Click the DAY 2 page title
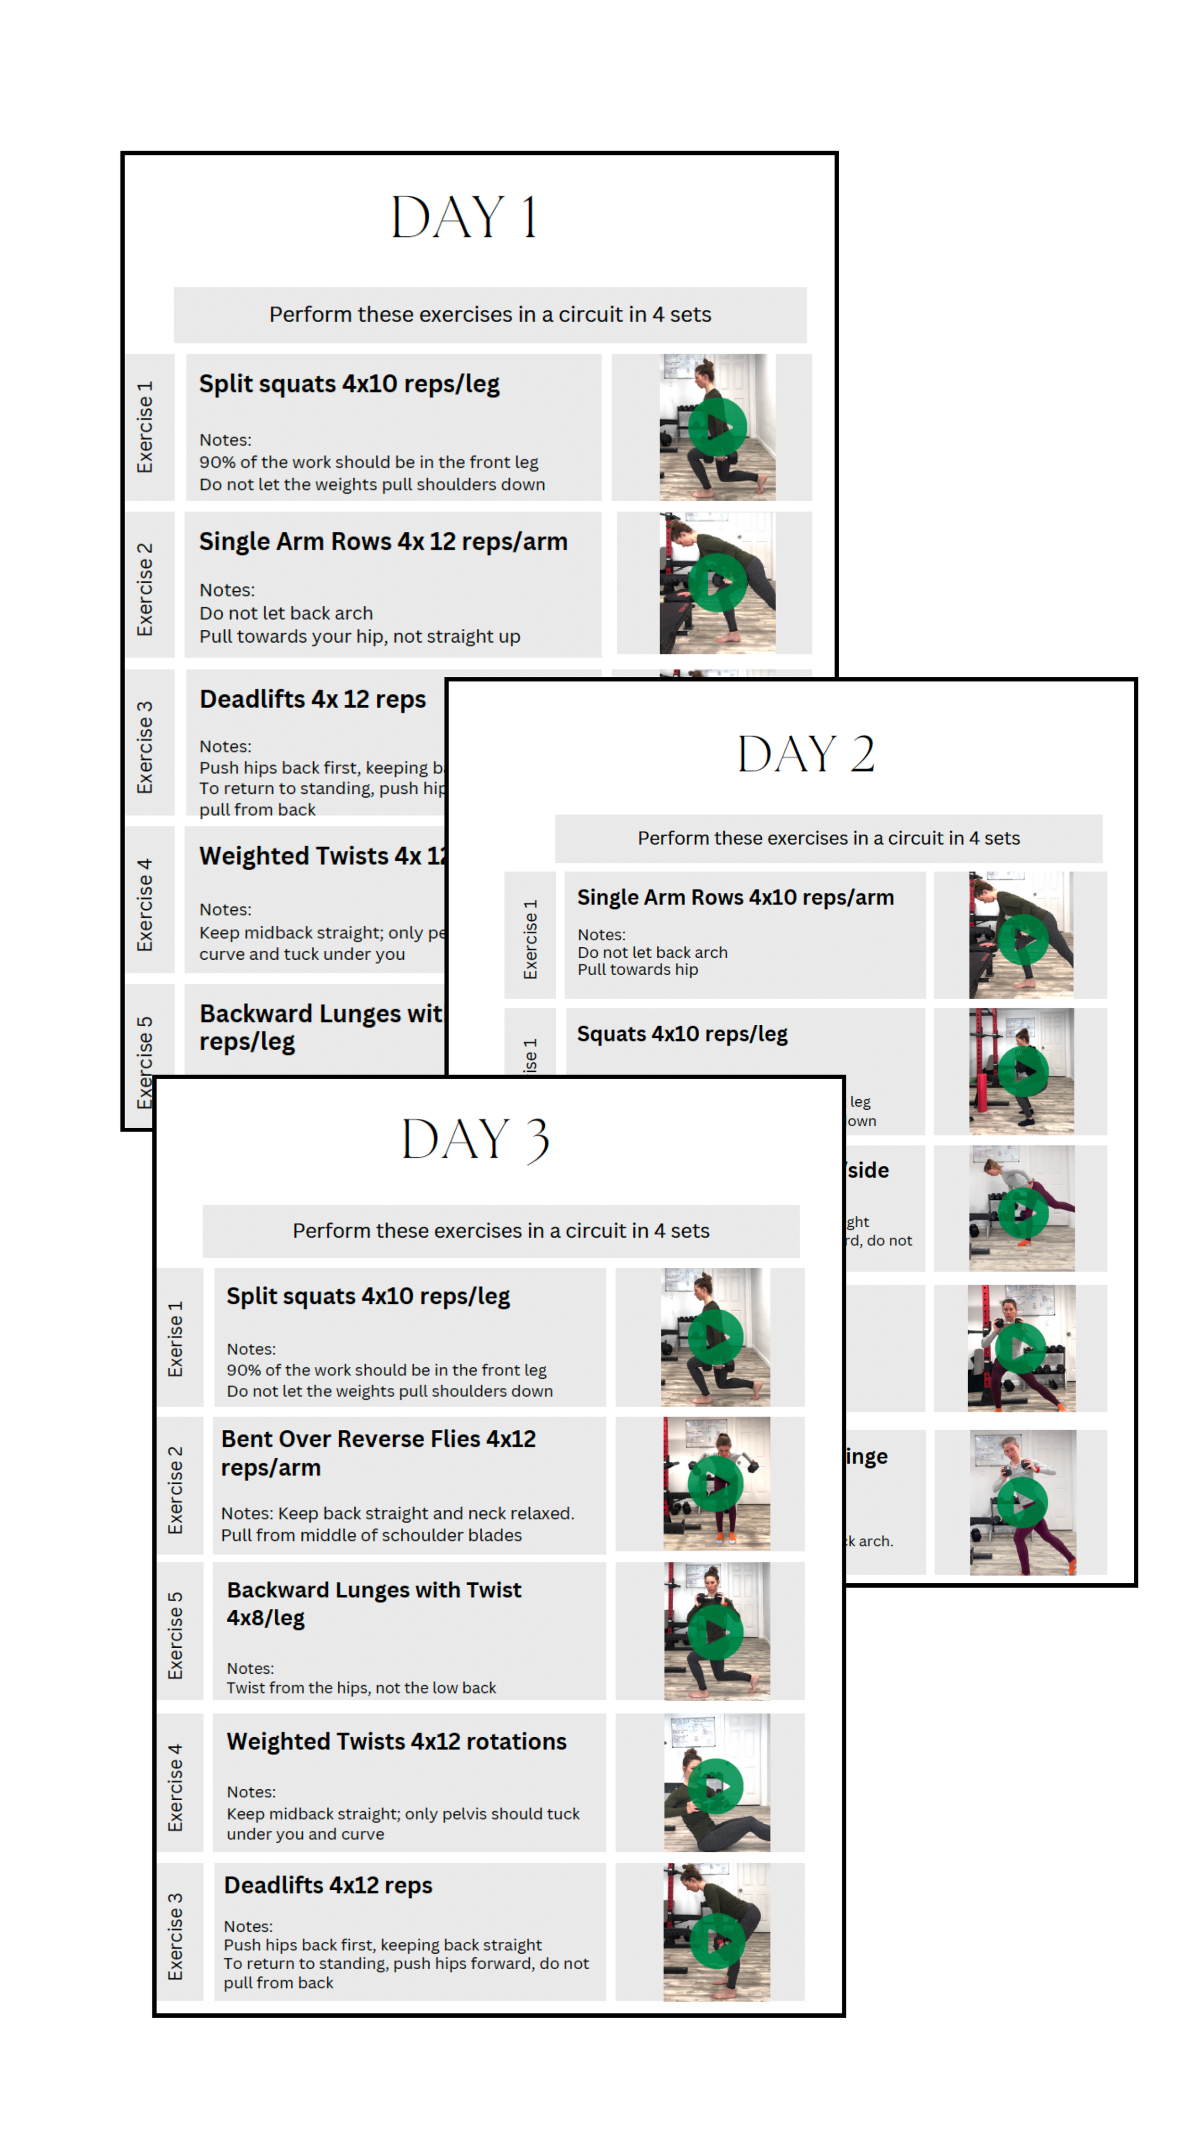(806, 753)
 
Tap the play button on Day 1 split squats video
(717, 427)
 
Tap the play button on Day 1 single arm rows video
(717, 583)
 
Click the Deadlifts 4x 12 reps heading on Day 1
(313, 700)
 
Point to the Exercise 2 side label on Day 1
(145, 589)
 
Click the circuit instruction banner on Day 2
(828, 838)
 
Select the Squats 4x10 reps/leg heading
(681, 1034)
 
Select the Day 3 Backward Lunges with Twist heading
(373, 1603)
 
